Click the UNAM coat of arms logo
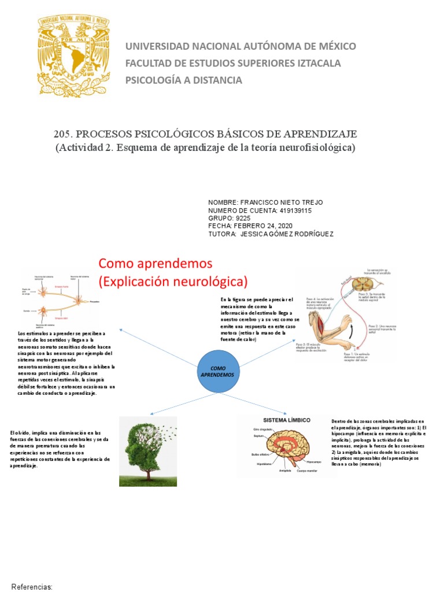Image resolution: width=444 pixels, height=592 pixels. (x=73, y=55)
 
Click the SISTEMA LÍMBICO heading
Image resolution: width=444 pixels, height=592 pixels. (x=287, y=420)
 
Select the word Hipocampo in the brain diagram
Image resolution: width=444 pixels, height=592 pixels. (x=314, y=461)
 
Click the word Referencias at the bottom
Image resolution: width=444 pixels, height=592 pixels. (x=32, y=586)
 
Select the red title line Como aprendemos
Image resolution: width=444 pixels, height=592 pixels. (x=156, y=264)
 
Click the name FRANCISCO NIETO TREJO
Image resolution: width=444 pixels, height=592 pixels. (x=282, y=203)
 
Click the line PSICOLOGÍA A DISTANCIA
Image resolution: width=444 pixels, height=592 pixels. (x=184, y=80)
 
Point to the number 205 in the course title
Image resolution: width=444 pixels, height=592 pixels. (x=62, y=134)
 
